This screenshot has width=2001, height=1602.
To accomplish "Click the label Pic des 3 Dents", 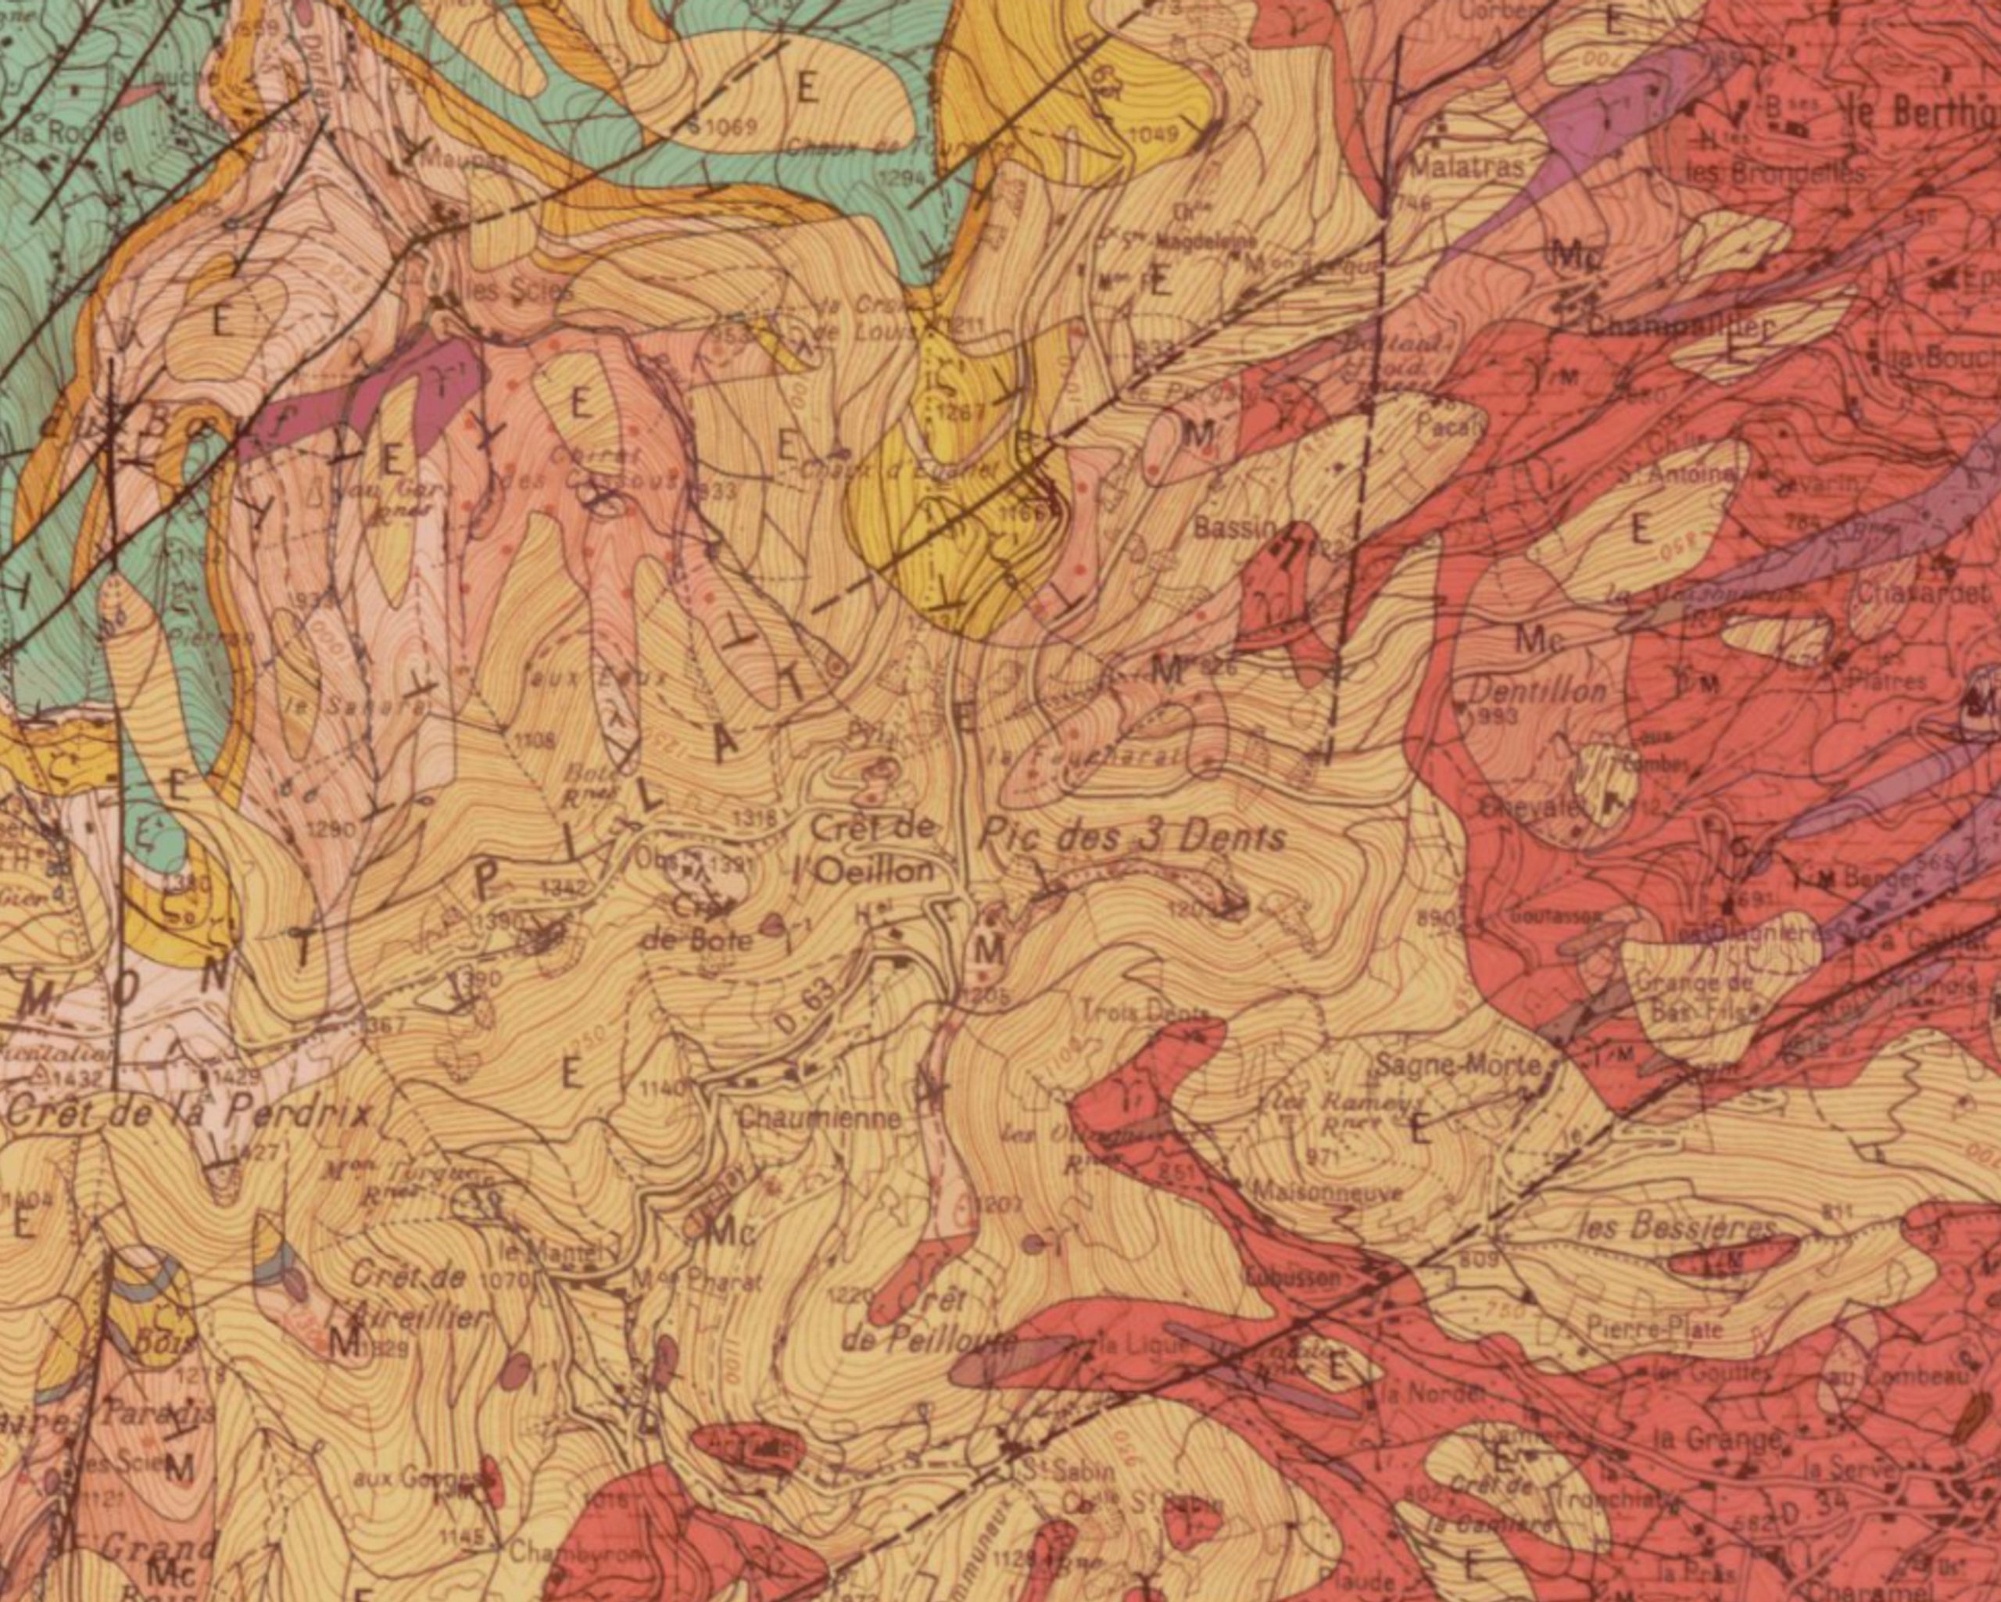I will point(1133,837).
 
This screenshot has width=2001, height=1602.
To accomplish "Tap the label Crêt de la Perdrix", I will point(185,1113).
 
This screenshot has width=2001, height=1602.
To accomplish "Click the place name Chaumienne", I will point(818,1119).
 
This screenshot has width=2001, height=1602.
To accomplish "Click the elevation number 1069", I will point(729,125).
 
